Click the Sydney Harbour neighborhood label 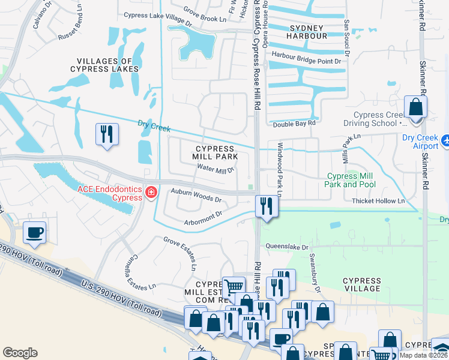click(308, 32)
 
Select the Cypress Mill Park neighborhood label click(214, 152)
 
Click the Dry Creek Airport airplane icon click(445, 140)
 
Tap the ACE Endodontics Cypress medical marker click(152, 192)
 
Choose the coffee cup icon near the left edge click(35, 232)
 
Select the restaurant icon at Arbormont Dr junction click(265, 206)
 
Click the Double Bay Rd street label click(294, 124)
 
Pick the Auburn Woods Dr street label click(196, 196)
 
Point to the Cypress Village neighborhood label click(361, 284)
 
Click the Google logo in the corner click(19, 353)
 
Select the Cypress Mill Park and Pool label click(351, 181)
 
